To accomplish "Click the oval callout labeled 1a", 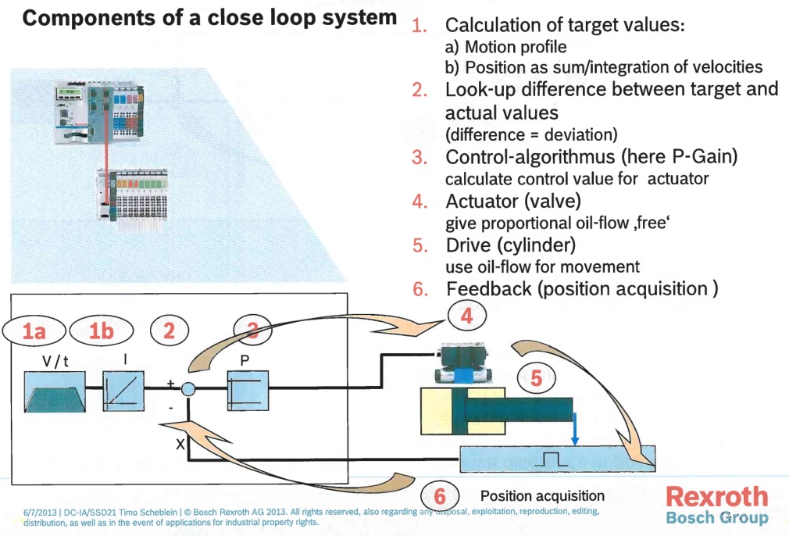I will (x=34, y=331).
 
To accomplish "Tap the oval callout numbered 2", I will (x=169, y=331).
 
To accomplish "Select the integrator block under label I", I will (x=123, y=391).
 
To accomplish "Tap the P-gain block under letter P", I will (x=247, y=391).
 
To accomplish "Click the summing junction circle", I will (x=187, y=390).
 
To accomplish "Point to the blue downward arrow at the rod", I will (x=574, y=431).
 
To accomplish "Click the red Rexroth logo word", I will (x=716, y=496).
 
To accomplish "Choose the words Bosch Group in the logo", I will (x=716, y=517).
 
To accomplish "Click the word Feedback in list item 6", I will (x=488, y=289).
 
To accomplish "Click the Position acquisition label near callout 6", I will (x=542, y=496).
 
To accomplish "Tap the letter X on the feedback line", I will (x=178, y=444).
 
